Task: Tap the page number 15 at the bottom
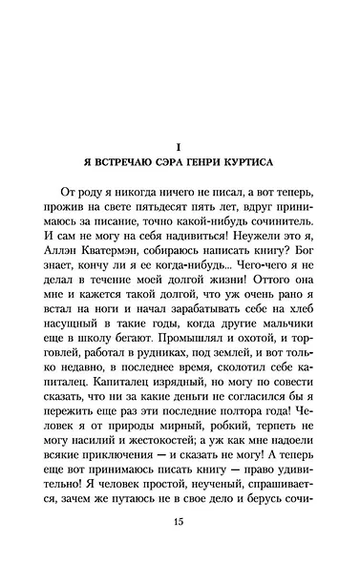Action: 180,523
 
